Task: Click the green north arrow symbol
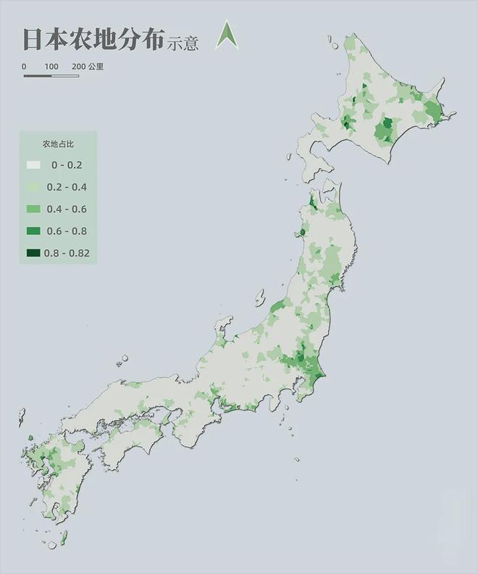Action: point(227,37)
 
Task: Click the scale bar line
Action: point(51,75)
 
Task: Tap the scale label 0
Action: point(24,67)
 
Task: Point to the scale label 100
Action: point(51,67)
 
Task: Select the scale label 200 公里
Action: point(88,67)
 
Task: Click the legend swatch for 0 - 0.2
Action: point(33,165)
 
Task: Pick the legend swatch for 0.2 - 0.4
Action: point(33,187)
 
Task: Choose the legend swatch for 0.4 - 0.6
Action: point(33,209)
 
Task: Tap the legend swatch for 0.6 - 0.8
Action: point(33,231)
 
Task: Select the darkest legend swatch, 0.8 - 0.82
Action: point(33,253)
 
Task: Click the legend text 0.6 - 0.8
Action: point(67,231)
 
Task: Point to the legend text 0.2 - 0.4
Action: point(67,187)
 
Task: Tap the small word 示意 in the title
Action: point(183,43)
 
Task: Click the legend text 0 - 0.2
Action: point(67,165)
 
